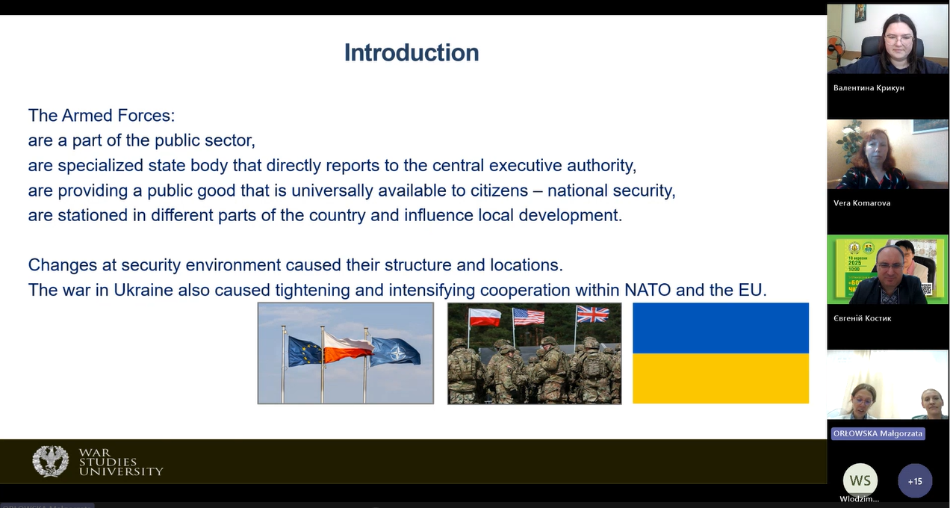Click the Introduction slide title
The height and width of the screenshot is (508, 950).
click(x=412, y=52)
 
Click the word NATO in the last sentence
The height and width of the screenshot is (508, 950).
click(x=648, y=291)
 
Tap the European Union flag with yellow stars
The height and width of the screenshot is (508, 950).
click(x=305, y=351)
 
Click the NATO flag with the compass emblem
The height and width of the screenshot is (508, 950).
click(x=395, y=352)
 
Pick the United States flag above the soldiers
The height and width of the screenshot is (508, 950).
click(x=529, y=317)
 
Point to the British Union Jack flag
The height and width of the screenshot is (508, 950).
click(x=592, y=315)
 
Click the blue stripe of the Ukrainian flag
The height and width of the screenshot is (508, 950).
click(x=721, y=328)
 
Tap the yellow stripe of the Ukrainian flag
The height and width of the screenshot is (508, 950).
click(x=721, y=378)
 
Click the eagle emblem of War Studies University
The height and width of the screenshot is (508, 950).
click(x=51, y=462)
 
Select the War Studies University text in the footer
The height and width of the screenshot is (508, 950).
click(x=121, y=462)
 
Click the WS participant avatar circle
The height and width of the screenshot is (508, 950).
click(x=860, y=480)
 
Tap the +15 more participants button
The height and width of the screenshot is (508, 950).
click(x=915, y=481)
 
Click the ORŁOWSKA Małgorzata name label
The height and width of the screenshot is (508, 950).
click(x=878, y=434)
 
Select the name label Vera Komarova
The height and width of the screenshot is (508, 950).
click(x=862, y=203)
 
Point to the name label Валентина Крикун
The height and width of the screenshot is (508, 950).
click(x=869, y=88)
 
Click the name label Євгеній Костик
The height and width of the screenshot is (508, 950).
click(x=862, y=318)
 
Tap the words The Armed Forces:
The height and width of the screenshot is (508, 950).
click(x=102, y=116)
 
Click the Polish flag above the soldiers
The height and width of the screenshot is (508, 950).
click(x=485, y=317)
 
